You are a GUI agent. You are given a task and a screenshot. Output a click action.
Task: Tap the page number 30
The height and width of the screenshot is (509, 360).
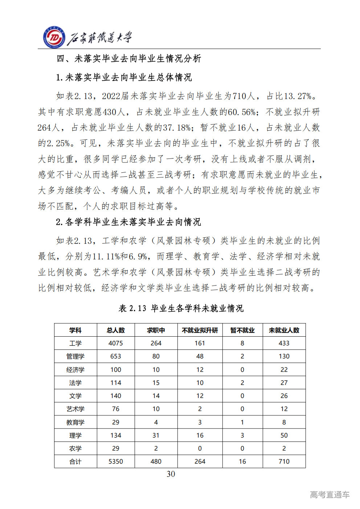coord(171,474)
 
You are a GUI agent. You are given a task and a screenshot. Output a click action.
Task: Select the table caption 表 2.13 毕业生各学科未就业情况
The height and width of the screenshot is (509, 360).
coord(181,308)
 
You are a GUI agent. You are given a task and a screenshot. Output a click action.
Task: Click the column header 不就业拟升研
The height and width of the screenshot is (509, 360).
coord(200,330)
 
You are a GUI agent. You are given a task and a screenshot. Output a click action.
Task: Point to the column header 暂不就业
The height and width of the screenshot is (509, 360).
coord(242,330)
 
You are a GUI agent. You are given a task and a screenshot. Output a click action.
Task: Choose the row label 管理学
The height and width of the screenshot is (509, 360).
coord(75,356)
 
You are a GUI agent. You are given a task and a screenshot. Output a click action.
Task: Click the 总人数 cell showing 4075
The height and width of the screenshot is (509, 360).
coord(115,343)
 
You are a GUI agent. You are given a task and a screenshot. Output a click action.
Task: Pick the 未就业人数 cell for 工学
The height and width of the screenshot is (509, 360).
coord(284,343)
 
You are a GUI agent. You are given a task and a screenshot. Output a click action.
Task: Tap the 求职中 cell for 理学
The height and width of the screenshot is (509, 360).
coord(156,435)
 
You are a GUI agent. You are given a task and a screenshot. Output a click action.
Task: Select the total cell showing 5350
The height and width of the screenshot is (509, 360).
coord(115,461)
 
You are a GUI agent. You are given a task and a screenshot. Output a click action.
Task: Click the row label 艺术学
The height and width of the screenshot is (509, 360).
coord(75,409)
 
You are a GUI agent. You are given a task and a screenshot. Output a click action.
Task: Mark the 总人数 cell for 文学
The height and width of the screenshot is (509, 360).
coord(115,396)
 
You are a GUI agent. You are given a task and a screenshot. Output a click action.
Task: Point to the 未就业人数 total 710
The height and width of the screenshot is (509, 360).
coord(284,461)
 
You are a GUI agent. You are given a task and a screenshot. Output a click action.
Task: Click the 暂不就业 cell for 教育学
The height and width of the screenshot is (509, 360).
coord(242,422)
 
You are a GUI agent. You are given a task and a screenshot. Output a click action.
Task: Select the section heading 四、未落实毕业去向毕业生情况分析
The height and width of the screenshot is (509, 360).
coord(129,58)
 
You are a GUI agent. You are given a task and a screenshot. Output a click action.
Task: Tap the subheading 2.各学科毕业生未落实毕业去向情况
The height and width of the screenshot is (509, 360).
coord(128,222)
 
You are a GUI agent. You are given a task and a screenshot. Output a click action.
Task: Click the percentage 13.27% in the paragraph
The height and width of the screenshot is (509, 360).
coord(297,96)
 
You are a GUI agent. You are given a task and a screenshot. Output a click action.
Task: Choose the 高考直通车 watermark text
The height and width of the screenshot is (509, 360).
coord(330,494)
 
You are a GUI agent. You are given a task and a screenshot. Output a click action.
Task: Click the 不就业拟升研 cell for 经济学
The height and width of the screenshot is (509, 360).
coord(200,370)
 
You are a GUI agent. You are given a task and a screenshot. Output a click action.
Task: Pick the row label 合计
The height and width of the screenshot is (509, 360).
coord(75,461)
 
